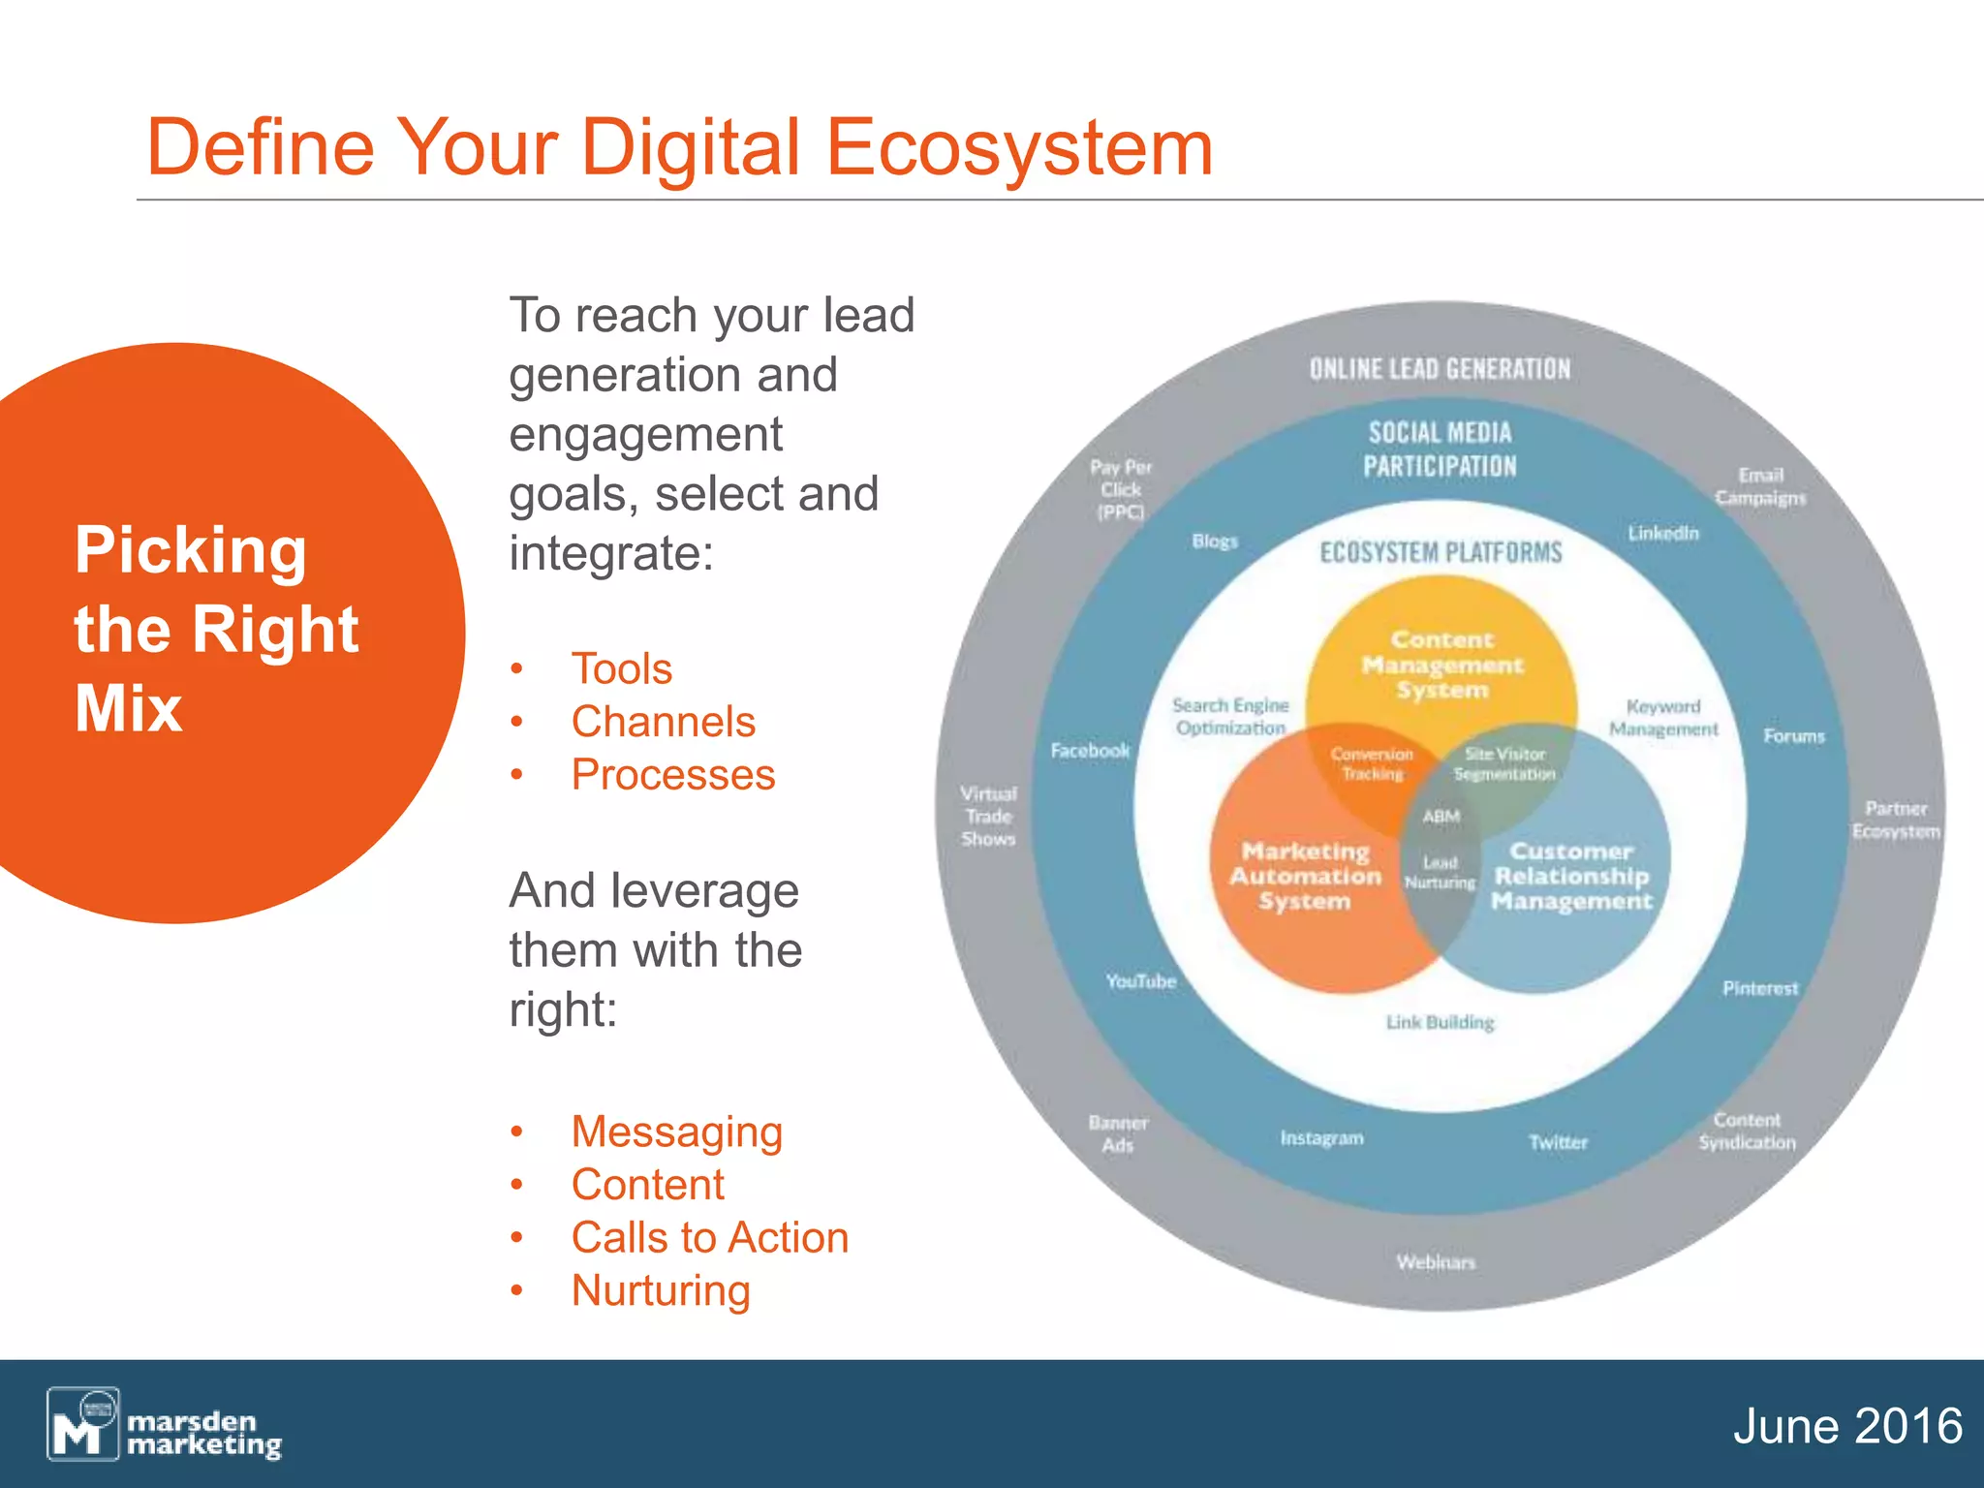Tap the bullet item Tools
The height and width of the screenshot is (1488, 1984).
point(621,668)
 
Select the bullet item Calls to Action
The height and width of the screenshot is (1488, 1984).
point(709,1237)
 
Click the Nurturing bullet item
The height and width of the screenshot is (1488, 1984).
point(661,1290)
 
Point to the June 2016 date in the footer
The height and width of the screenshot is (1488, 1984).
point(1846,1426)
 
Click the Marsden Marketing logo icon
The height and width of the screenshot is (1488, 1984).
point(83,1423)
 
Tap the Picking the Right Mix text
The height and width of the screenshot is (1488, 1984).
point(216,629)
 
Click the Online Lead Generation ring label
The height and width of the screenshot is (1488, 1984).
point(1440,369)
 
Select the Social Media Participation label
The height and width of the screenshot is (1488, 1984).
point(1440,449)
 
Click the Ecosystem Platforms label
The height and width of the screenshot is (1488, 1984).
point(1441,553)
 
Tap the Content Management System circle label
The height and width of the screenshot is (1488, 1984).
point(1441,665)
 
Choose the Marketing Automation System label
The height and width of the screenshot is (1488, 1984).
point(1305,876)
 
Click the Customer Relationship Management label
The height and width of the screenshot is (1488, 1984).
point(1571,876)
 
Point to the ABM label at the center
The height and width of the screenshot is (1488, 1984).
point(1441,817)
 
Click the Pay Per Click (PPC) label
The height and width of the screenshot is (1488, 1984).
point(1121,489)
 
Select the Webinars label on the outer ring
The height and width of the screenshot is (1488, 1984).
point(1436,1262)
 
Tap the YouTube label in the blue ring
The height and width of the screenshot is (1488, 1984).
point(1140,981)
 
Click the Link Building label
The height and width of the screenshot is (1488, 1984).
point(1440,1022)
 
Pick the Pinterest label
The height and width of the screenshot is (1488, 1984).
point(1759,988)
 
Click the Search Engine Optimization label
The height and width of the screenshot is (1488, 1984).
point(1230,717)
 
